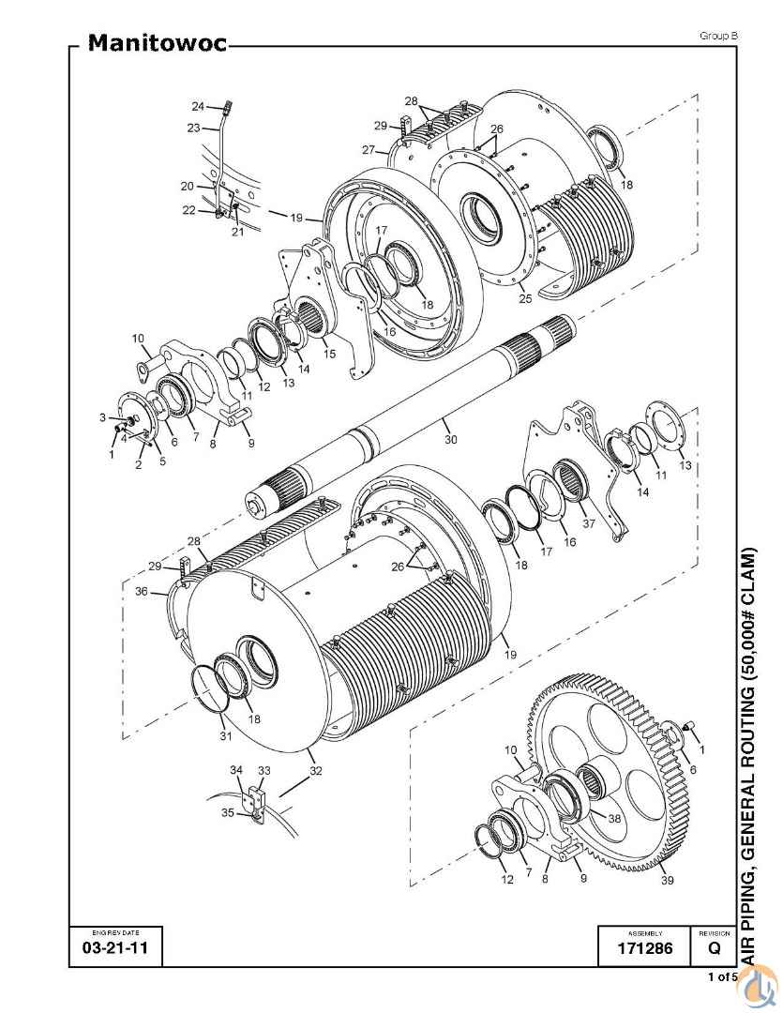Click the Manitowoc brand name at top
pyautogui.click(x=157, y=42)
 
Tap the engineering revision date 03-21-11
pyautogui.click(x=115, y=948)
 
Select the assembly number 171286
pyautogui.click(x=645, y=948)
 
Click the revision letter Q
pyautogui.click(x=714, y=948)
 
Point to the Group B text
pyautogui.click(x=718, y=37)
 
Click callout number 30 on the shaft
pyautogui.click(x=451, y=439)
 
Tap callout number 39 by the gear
pyautogui.click(x=668, y=880)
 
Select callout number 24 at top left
pyautogui.click(x=198, y=106)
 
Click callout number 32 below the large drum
pyautogui.click(x=315, y=771)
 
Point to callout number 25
pyautogui.click(x=525, y=298)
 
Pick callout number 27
pyautogui.click(x=369, y=150)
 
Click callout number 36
pyautogui.click(x=142, y=591)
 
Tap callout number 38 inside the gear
pyautogui.click(x=614, y=818)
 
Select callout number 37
pyautogui.click(x=589, y=523)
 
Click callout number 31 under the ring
pyautogui.click(x=225, y=736)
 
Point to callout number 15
pyautogui.click(x=329, y=354)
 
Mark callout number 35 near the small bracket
pyautogui.click(x=228, y=812)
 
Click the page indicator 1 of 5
pyautogui.click(x=723, y=976)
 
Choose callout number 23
pyautogui.click(x=193, y=128)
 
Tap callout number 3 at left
pyautogui.click(x=102, y=418)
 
